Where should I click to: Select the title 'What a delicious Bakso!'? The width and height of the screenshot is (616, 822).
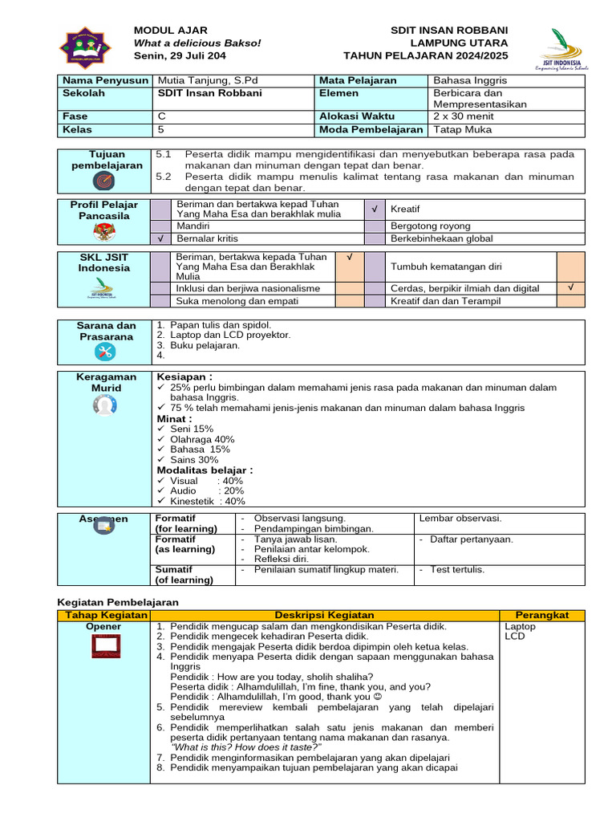point(197,43)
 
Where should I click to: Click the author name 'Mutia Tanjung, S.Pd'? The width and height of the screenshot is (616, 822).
point(201,80)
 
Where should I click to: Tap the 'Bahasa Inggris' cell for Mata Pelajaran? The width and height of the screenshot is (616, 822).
point(470,80)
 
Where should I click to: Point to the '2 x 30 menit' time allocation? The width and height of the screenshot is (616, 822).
point(463,116)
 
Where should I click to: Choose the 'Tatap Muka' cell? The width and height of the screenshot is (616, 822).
point(462,129)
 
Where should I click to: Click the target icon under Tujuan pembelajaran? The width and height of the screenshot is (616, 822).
point(104,181)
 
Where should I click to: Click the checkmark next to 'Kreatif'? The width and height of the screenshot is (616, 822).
point(374,209)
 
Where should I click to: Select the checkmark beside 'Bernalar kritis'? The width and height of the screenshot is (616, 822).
point(161,238)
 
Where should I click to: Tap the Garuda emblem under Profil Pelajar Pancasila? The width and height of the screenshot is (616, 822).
point(104,232)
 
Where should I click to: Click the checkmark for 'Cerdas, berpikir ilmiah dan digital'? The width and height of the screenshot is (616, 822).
point(570,287)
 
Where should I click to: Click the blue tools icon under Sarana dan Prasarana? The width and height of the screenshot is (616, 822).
point(104,351)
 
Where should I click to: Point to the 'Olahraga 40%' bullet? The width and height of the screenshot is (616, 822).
point(202,439)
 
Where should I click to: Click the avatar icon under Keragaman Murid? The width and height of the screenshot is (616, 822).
point(104,406)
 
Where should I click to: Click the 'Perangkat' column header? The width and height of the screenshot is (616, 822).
point(542,615)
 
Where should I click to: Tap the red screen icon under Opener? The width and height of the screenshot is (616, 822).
point(104,644)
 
